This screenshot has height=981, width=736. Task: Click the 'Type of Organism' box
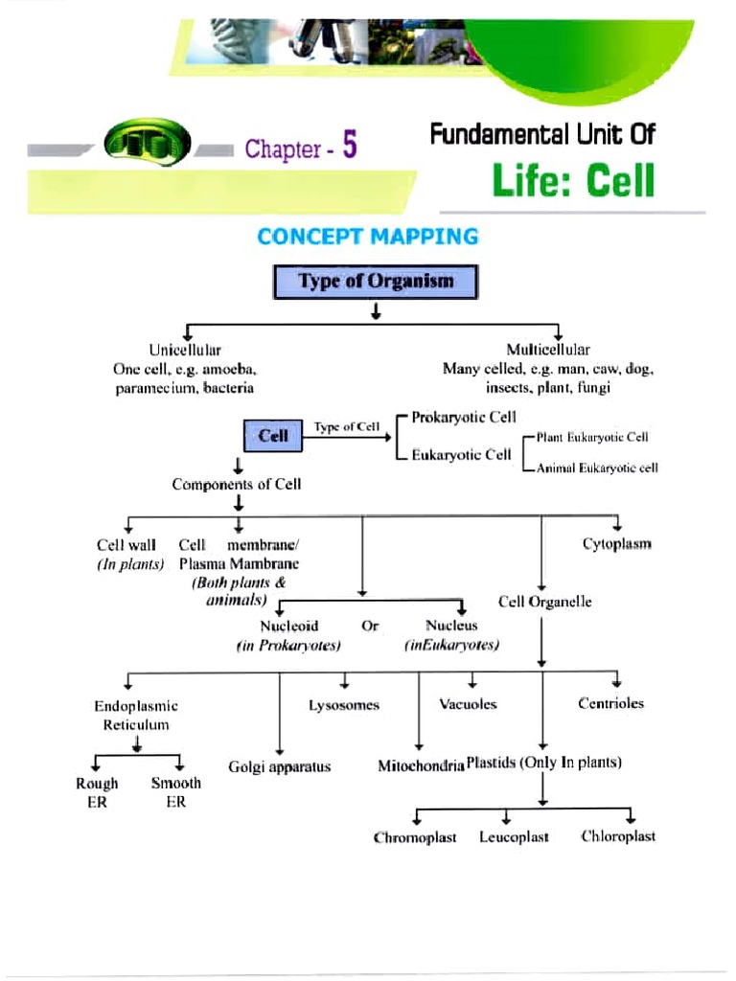coord(375,283)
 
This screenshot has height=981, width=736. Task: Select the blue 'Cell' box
coord(273,436)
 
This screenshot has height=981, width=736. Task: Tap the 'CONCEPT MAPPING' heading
coord(367,237)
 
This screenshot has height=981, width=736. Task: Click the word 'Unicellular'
coord(185,351)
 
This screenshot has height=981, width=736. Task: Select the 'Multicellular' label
coord(548,351)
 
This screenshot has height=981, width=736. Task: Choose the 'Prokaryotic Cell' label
coord(464,418)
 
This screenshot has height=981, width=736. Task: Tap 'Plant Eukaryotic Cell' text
coord(592,437)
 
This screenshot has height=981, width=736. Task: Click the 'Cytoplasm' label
coord(616,544)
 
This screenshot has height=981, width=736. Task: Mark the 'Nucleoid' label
coord(288,626)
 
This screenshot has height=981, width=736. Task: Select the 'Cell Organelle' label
coord(544,602)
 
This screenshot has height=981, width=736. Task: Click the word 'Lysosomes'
coord(344,705)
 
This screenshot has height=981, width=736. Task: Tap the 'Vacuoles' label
coord(468,704)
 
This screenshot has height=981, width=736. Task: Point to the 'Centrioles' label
coord(610,703)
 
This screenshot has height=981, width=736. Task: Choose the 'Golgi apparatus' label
coord(279,766)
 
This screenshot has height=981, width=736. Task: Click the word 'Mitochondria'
coord(421,766)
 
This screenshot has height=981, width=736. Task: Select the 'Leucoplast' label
coord(514,837)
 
